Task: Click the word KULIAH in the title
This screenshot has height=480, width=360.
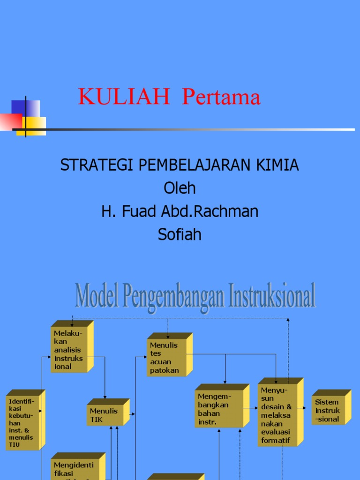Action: pyautogui.click(x=124, y=97)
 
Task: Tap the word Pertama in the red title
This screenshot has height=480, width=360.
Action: pyautogui.click(x=221, y=97)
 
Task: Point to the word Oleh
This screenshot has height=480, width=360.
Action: pyautogui.click(x=180, y=188)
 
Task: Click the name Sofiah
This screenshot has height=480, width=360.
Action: pyautogui.click(x=180, y=234)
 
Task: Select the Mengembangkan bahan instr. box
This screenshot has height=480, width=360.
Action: pyautogui.click(x=218, y=409)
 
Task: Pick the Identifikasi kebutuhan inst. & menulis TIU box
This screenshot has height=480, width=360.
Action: pyautogui.click(x=22, y=421)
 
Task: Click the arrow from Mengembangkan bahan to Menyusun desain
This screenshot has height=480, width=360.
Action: pyautogui.click(x=250, y=409)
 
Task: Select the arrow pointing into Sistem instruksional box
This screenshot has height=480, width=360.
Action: pyautogui.click(x=306, y=409)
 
